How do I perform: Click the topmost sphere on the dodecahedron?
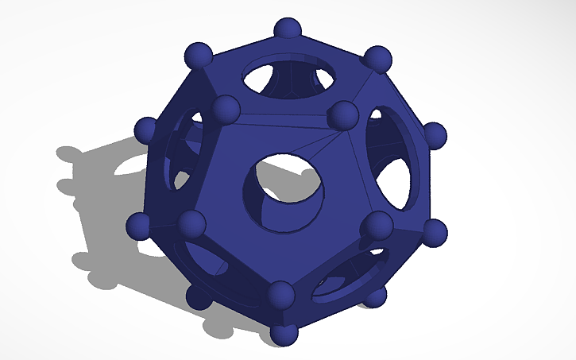pos(288,30)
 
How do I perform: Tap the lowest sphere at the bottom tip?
pos(284,334)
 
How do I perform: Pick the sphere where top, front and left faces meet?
pos(226,109)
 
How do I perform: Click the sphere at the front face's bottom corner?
pos(281,295)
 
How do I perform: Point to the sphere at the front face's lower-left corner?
pos(191,223)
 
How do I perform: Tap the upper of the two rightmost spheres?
pos(434,135)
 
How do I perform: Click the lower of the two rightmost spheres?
pos(433,232)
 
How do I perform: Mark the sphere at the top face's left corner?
pos(199,56)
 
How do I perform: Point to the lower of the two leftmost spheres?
pos(140,225)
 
